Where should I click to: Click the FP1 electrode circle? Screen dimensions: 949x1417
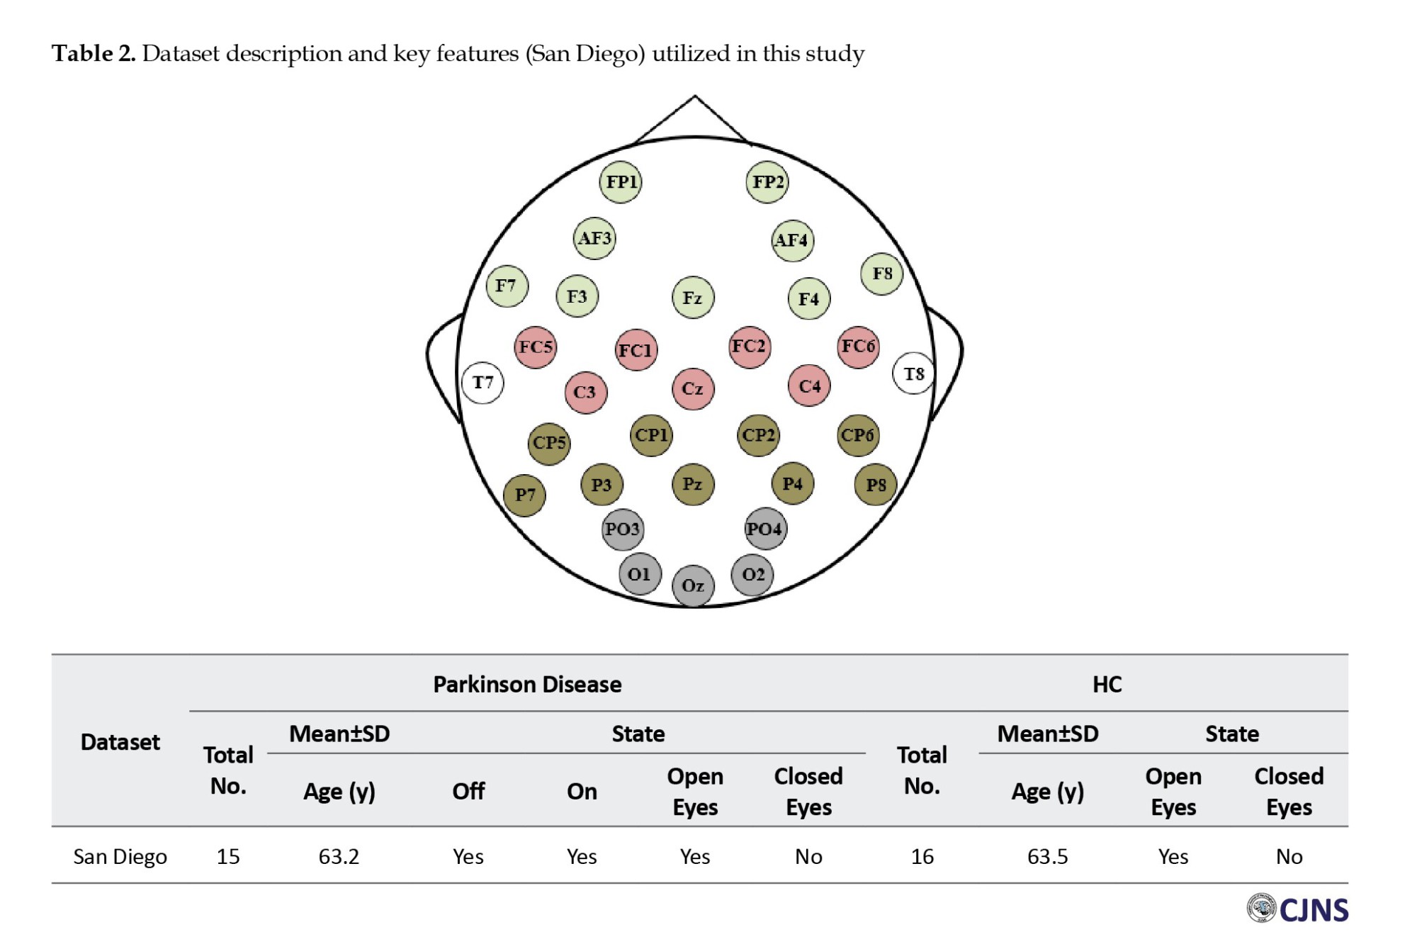pos(621,182)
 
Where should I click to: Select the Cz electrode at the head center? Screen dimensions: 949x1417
pos(693,388)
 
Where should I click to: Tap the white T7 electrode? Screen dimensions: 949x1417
pos(482,383)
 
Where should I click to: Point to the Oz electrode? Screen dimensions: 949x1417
pos(693,585)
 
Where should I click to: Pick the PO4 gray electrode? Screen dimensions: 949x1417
pos(765,529)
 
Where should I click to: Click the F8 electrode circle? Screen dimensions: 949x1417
pos(882,274)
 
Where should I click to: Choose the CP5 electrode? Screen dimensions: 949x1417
pos(549,443)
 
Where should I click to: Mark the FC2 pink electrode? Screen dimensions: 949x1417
pos(750,347)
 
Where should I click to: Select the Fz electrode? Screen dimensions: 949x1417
pos(693,298)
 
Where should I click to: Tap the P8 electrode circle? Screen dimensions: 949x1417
pos(876,485)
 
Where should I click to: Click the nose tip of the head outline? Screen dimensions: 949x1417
pos(695,97)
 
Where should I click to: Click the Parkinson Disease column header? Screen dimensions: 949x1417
pos(527,685)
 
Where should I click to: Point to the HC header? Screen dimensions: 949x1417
pos(1107,685)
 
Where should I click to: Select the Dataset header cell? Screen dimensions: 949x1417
pos(120,742)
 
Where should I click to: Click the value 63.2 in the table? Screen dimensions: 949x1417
pos(339,857)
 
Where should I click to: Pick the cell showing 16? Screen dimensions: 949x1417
pos(922,857)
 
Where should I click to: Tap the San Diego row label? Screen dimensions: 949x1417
pos(120,857)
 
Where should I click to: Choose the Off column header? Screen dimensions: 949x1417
pos(468,791)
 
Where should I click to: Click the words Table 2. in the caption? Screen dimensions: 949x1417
pos(94,54)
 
